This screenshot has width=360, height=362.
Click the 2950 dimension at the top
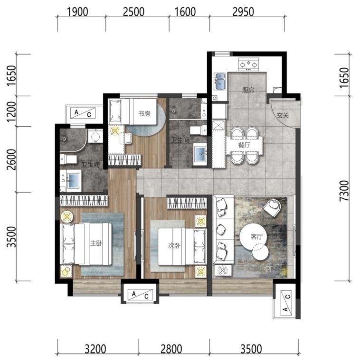(x=243, y=12)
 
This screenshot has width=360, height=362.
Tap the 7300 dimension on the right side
(x=344, y=191)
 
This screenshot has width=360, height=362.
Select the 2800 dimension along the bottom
(x=171, y=349)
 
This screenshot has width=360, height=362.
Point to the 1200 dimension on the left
(x=11, y=112)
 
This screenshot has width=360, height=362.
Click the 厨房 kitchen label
(x=248, y=90)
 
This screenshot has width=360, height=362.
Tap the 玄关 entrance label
(x=283, y=115)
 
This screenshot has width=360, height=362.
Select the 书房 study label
(x=144, y=113)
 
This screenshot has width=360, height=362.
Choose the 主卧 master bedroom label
(x=96, y=243)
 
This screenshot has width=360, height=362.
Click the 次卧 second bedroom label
(x=174, y=246)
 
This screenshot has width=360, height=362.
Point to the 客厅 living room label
(x=257, y=237)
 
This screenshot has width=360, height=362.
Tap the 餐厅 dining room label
(x=244, y=145)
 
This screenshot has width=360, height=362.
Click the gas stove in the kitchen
(x=248, y=65)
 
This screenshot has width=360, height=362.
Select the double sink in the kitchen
(x=220, y=81)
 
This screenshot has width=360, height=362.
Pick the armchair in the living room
(x=272, y=208)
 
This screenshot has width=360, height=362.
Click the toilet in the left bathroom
(x=68, y=159)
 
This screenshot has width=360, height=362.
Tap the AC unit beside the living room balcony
(x=286, y=303)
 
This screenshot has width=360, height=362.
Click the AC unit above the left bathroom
(x=83, y=113)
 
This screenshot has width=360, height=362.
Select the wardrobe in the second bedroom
(x=187, y=203)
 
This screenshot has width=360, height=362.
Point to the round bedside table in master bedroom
(x=67, y=217)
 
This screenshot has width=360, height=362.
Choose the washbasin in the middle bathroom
(x=200, y=154)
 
